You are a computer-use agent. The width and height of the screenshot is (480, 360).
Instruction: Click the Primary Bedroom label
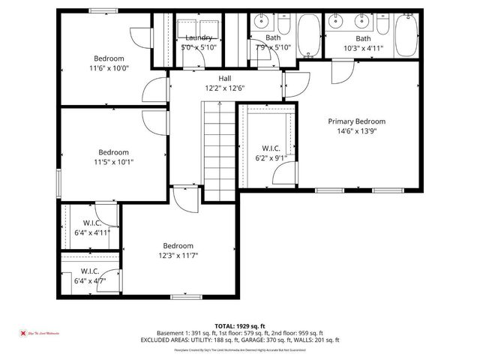(356, 121)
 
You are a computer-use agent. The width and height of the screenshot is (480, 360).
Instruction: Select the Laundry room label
(198, 37)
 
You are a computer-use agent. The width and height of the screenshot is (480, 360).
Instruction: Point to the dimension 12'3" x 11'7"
(178, 256)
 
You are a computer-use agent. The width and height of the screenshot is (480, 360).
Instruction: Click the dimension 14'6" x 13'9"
(356, 131)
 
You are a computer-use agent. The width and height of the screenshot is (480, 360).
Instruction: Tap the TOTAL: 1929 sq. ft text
(239, 326)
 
